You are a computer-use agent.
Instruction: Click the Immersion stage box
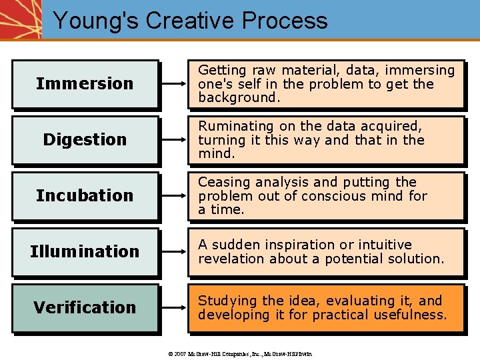(x=85, y=84)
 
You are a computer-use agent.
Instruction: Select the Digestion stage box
(x=85, y=140)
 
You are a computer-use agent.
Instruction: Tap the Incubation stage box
(x=85, y=196)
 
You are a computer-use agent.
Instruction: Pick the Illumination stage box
(x=85, y=252)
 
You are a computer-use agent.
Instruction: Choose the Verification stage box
(x=85, y=308)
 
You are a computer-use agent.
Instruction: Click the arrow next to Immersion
(x=175, y=85)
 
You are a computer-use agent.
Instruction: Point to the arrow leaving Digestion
(x=175, y=141)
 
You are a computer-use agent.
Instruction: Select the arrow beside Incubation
(x=175, y=197)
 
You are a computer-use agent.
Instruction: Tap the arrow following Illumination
(x=175, y=253)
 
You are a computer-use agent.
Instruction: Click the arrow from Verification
(x=175, y=309)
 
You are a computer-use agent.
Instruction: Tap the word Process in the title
(x=285, y=21)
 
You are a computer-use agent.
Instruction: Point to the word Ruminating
(x=235, y=126)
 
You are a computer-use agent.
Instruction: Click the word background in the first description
(x=237, y=98)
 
